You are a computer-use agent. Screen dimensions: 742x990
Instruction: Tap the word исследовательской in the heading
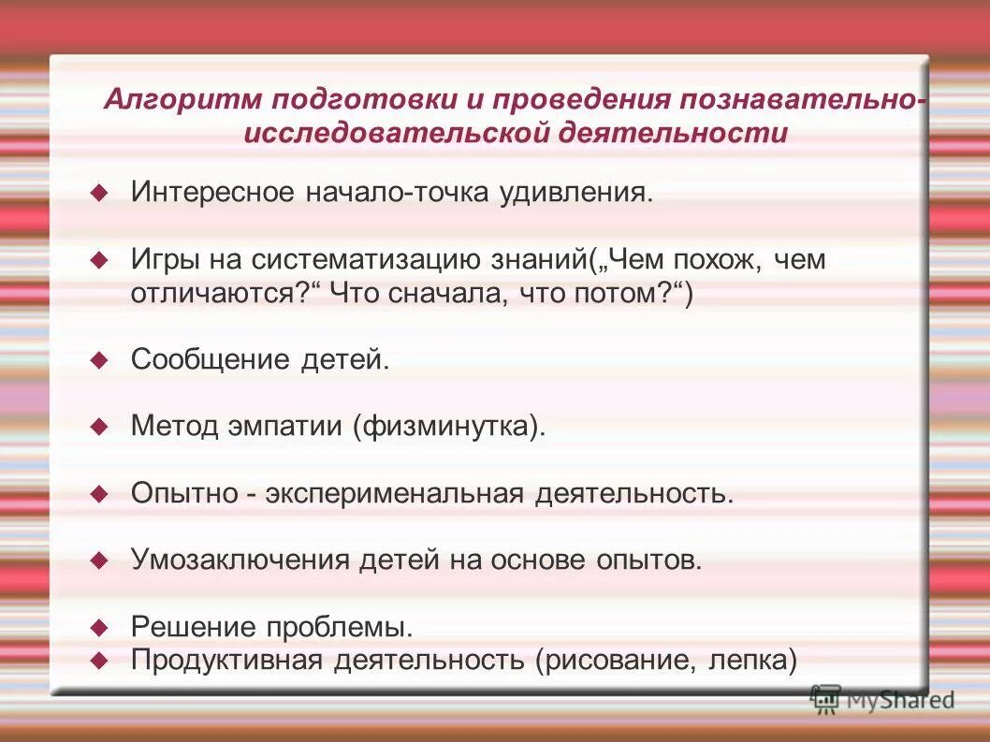click(x=394, y=133)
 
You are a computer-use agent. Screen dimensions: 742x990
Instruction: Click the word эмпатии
click(x=285, y=427)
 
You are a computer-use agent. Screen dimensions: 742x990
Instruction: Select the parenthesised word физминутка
click(x=448, y=427)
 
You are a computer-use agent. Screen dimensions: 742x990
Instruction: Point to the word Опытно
click(x=183, y=493)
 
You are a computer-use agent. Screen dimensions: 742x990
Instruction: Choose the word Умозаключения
click(x=240, y=560)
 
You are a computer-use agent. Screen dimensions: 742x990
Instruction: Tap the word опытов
click(x=647, y=560)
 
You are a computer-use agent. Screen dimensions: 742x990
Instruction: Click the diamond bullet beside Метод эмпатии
click(x=99, y=427)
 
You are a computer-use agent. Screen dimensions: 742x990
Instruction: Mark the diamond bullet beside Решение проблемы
click(x=99, y=626)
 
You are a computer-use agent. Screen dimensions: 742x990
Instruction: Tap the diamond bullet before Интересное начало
click(x=99, y=193)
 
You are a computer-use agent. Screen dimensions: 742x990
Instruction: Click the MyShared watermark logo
click(x=882, y=699)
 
